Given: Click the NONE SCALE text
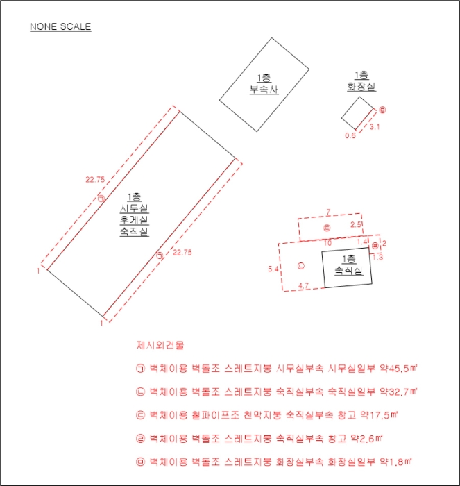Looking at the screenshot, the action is (x=60, y=26).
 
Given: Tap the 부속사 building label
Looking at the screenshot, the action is (x=264, y=90).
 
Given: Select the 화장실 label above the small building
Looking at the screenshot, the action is (x=361, y=87).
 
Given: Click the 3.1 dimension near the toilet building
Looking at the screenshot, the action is (x=375, y=127).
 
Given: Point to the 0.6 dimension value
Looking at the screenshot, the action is (x=350, y=136).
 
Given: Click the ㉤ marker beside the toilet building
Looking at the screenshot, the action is (x=382, y=110).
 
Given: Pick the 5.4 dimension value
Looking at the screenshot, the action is (x=273, y=269).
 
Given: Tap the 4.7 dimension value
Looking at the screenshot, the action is (x=303, y=286).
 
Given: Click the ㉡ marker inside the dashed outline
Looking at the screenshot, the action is (x=301, y=266).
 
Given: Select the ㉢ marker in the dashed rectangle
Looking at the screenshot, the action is (x=327, y=228).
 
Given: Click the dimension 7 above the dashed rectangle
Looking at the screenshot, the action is (x=328, y=212).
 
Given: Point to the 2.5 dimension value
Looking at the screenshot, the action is (x=356, y=224).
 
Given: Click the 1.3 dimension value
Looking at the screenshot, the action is (x=378, y=257).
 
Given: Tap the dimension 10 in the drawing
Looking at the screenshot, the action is (x=327, y=243).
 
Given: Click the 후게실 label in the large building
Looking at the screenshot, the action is (x=135, y=220).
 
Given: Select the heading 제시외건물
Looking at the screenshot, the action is (x=160, y=345).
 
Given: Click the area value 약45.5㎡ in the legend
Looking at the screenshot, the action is (x=399, y=369).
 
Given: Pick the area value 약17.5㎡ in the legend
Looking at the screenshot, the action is (x=379, y=415).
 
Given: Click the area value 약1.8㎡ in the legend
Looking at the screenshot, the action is (x=396, y=462).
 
